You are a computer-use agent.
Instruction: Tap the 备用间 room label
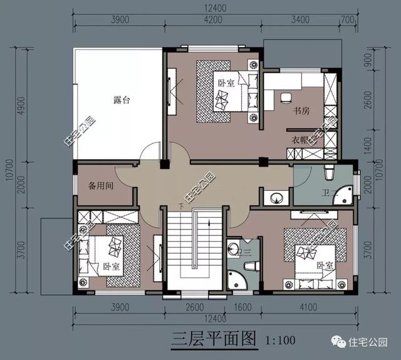coord(100,186)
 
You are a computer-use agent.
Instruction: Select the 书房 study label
coord(302,111)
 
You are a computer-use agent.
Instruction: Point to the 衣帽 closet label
coord(298,139)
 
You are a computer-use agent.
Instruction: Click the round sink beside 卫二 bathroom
coord(276,198)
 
